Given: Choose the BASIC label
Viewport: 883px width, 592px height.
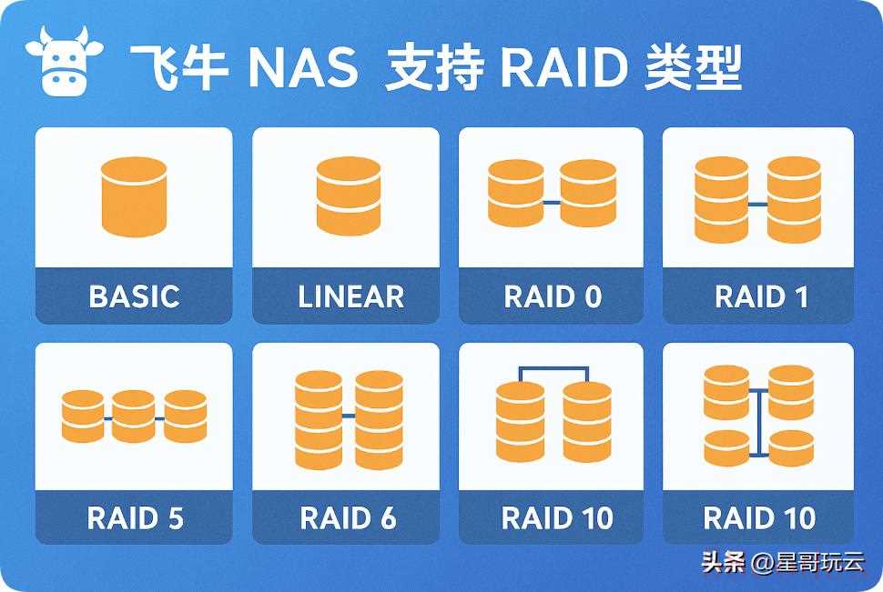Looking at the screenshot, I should pyautogui.click(x=134, y=296).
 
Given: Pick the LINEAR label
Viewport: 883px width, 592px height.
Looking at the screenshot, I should pyautogui.click(x=350, y=296).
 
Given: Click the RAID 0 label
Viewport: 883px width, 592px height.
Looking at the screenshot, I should pyautogui.click(x=553, y=296).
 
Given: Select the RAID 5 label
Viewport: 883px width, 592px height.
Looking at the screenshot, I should pyautogui.click(x=135, y=518).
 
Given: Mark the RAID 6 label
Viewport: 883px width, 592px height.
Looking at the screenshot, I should pyautogui.click(x=349, y=518).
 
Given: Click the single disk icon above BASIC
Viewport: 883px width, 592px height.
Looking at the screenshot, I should pyautogui.click(x=133, y=197).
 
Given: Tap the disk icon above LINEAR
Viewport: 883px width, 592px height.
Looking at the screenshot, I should pyautogui.click(x=349, y=196).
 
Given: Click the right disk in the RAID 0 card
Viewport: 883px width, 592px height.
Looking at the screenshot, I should pyautogui.click(x=587, y=193).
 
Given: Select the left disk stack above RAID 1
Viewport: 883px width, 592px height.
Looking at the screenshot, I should pyautogui.click(x=722, y=200).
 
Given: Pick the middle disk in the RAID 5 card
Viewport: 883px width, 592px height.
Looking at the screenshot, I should pyautogui.click(x=134, y=416).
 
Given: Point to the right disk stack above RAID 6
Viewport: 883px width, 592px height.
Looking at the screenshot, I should pyautogui.click(x=379, y=419).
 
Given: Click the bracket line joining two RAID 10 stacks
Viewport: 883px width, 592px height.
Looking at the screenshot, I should pyautogui.click(x=553, y=368).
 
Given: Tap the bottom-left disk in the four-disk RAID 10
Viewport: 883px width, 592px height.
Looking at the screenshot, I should pyautogui.click(x=726, y=447).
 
